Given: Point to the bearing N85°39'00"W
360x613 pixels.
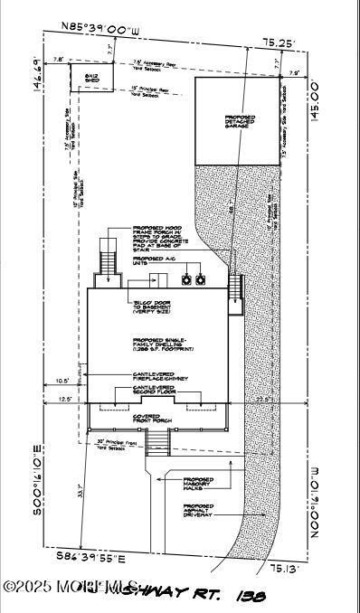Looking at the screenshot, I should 102,32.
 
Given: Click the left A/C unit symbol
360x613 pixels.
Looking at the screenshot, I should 187,279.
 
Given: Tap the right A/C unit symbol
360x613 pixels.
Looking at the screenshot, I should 204,279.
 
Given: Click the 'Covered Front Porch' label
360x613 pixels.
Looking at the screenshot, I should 156,418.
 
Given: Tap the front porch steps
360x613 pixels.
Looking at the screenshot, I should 157,441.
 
